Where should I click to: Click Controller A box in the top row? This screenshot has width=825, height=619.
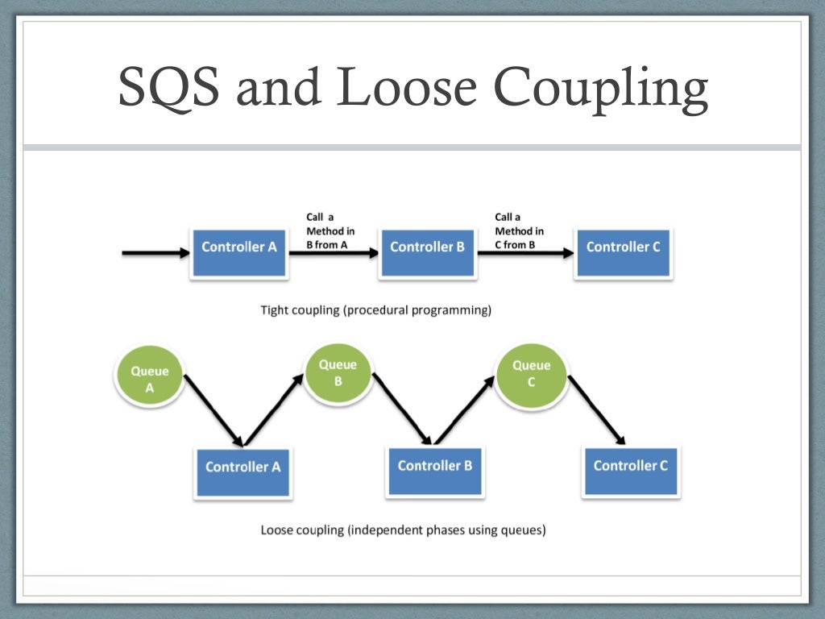coord(238,252)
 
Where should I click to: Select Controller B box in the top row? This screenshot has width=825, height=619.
coord(427,252)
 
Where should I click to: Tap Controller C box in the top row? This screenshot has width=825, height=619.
coord(623,252)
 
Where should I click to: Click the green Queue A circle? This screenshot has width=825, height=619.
coord(150,378)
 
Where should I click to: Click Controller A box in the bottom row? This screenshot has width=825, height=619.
coord(243,472)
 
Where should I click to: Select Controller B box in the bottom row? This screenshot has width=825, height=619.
coord(435,471)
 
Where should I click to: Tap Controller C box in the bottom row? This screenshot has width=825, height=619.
coord(630,471)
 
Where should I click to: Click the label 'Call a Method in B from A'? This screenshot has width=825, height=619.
coord(330,231)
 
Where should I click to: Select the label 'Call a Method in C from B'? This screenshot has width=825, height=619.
coord(519,231)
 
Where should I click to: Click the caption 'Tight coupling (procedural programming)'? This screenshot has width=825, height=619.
coord(375,309)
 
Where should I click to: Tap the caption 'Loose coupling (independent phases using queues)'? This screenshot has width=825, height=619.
coord(403,530)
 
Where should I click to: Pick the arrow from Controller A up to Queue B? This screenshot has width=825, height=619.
coord(275,410)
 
